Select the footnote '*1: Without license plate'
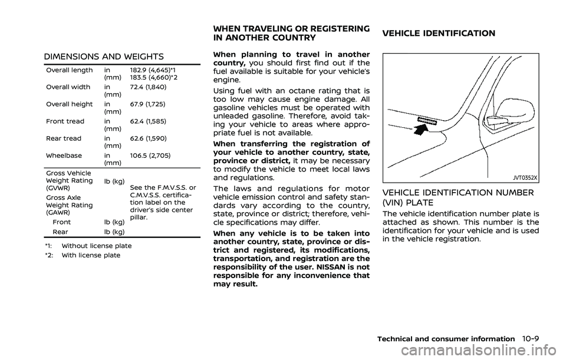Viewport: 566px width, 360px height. [x=87, y=245]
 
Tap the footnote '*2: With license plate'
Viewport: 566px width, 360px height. [x=82, y=255]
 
